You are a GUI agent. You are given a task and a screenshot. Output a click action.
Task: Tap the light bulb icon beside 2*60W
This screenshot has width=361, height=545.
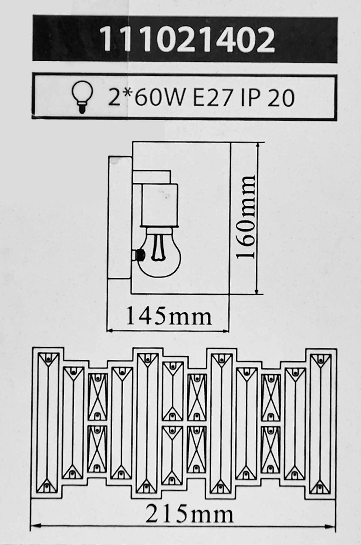point(82,97)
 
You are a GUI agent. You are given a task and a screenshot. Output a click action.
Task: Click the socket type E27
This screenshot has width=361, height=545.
point(213,97)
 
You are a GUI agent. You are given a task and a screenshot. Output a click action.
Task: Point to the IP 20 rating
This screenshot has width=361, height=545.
point(268,97)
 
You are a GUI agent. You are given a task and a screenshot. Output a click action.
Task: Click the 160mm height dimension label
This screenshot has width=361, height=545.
point(246,217)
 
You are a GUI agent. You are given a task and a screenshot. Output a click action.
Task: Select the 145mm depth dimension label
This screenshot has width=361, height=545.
point(169,316)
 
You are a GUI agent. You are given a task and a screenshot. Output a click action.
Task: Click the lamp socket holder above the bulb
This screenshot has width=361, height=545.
point(159,206)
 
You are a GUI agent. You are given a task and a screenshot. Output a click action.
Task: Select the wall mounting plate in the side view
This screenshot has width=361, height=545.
point(120,217)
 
